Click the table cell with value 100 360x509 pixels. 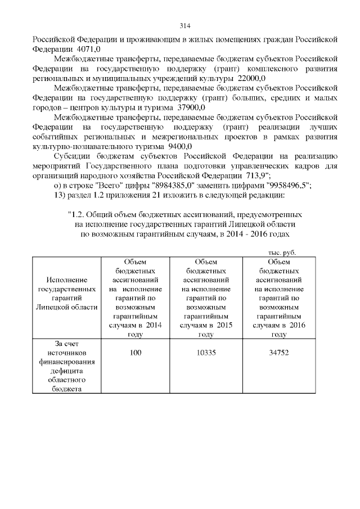tap(136, 352)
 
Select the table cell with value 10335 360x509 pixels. tap(206, 352)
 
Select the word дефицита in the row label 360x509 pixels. tap(66, 371)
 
